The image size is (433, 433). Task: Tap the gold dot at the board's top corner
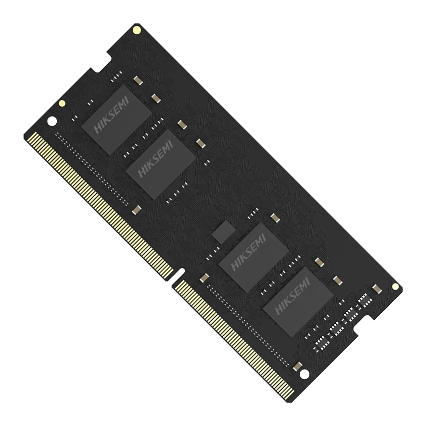tap(137, 30)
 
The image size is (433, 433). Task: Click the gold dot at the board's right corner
tap(395, 286)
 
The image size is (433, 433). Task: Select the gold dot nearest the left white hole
tap(62, 103)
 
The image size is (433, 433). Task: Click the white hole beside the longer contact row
tap(51, 121)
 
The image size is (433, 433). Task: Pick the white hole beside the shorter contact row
tap(304, 373)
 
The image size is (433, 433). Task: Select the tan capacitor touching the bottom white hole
tap(297, 367)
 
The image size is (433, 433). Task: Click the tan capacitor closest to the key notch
tap(204, 278)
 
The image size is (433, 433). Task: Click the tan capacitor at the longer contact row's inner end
tap(137, 209)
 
